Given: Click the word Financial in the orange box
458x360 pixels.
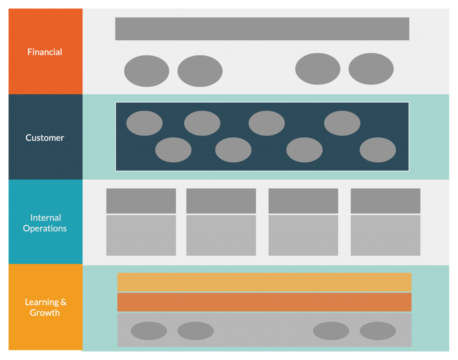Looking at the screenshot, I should pos(45,52).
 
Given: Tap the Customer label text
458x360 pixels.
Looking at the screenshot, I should pos(45,138).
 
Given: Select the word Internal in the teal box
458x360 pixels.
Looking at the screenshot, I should pos(46,218).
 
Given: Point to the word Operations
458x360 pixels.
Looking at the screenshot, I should pos(45,229).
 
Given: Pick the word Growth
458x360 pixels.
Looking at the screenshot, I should pos(45,313).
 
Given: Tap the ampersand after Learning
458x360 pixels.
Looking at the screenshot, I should pos(64,302).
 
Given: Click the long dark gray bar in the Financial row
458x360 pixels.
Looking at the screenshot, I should pos(262,29).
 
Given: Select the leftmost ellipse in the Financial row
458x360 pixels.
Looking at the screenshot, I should pos(147,71).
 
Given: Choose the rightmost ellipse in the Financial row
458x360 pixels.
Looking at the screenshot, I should pos(371,69).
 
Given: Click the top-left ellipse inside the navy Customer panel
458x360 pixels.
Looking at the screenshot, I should pos(144,123).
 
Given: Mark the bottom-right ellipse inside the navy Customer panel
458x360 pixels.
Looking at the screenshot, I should pos(377,150).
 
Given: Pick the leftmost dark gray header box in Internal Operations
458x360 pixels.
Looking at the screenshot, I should pos(141,201).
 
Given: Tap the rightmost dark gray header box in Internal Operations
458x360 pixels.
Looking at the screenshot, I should pos(385,201).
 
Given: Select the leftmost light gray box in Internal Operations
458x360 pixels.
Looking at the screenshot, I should pos(141,235).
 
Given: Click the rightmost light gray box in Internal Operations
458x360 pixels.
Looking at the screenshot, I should pos(385,235).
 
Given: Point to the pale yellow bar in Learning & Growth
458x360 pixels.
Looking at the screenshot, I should pos(264,282).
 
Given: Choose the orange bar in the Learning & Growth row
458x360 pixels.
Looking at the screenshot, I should pos(264,302).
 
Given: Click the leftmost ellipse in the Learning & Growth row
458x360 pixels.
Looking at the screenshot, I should pos(149,331).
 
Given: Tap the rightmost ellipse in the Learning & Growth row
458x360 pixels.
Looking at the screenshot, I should pos(377,331).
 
